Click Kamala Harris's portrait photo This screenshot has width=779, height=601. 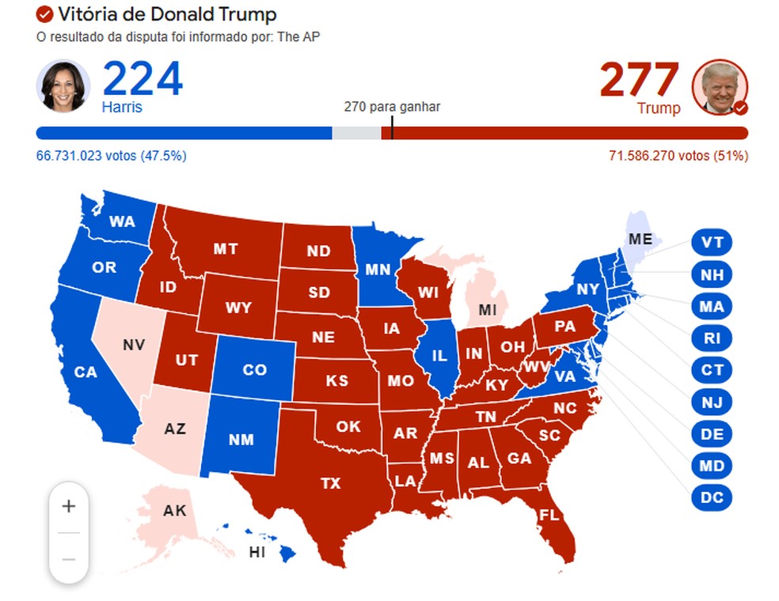point(63,85)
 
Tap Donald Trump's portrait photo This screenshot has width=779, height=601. point(720,87)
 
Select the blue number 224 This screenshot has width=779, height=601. point(142,79)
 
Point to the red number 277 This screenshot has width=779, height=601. point(639,79)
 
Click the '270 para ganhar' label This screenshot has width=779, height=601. point(392,107)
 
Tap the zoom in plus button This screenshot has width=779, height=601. point(69,506)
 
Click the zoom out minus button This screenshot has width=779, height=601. point(69,559)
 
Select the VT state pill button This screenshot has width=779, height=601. point(712,242)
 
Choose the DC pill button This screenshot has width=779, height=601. point(712,497)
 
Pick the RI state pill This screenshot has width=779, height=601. point(712,338)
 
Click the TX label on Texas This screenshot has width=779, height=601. point(331,482)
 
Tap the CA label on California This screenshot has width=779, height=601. point(85,371)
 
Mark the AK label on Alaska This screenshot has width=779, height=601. point(174,510)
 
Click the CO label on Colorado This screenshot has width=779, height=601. point(254,369)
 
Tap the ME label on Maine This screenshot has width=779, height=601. point(640,238)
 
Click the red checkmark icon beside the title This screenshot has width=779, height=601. point(45,14)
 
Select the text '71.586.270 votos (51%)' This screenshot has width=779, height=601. point(678,156)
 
